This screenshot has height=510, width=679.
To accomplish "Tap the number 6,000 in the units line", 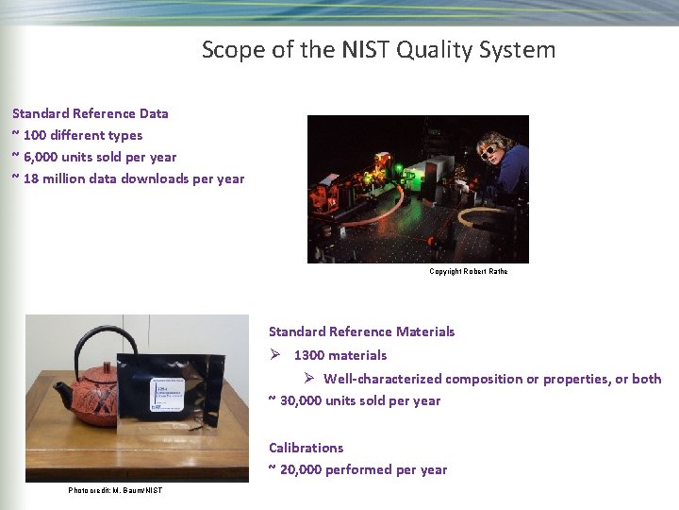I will (x=46, y=157).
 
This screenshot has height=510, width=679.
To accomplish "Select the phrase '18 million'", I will (x=56, y=178).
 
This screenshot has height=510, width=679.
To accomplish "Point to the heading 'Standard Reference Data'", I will (x=91, y=113).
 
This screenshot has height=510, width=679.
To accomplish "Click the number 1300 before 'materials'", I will (x=310, y=355).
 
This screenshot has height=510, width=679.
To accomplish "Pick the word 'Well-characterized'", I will (x=382, y=379).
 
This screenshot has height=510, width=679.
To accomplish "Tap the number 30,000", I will (x=301, y=400).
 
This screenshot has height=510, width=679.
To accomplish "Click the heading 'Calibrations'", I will (x=306, y=448).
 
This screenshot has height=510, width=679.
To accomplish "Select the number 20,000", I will (x=301, y=469).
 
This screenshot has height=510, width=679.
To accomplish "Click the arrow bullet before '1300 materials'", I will (x=274, y=355).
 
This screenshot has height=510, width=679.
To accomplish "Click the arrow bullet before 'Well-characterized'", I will (x=307, y=379).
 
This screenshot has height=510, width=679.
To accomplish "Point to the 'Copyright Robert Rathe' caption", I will (x=469, y=272).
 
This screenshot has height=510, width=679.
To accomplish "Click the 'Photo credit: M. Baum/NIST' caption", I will (x=115, y=490).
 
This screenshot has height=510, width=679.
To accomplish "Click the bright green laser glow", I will (x=399, y=171).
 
